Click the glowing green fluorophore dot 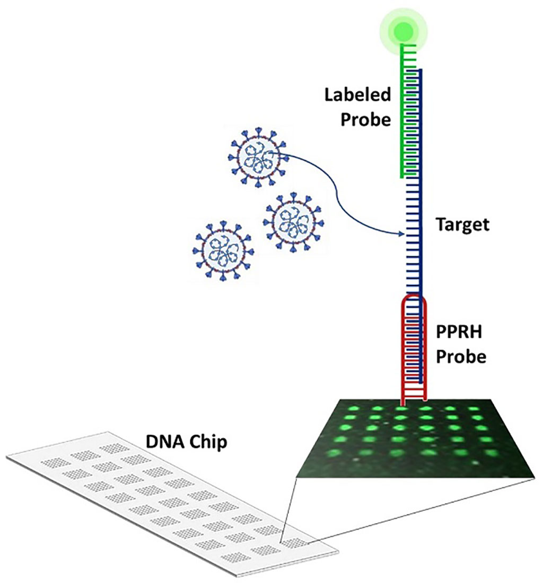tap(404, 31)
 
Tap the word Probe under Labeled tap(366, 120)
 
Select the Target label tap(462, 225)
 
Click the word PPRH tap(459, 331)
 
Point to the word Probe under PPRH tap(461, 356)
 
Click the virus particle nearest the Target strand tap(293, 222)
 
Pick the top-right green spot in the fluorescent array tap(474, 409)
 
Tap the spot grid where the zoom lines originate tap(295, 543)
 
